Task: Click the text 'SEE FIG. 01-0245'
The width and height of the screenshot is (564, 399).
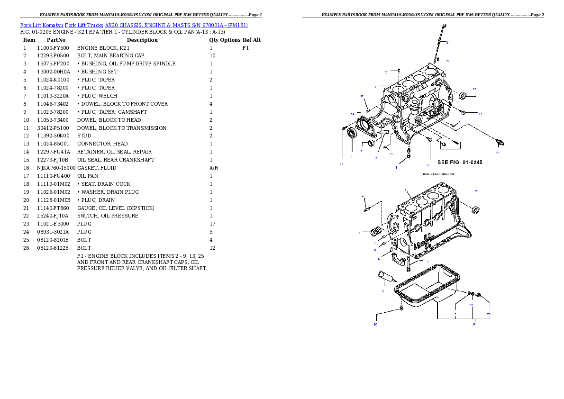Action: (x=460, y=162)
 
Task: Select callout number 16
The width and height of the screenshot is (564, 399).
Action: (x=382, y=291)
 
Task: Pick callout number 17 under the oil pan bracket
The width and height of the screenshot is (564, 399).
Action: (x=473, y=324)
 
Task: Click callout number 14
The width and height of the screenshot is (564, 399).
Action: (x=353, y=114)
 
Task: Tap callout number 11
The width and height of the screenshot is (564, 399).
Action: (x=362, y=96)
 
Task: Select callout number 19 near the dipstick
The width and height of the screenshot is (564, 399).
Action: (x=447, y=61)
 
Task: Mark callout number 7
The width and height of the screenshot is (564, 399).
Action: (x=361, y=152)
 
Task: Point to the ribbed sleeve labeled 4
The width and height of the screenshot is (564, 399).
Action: (x=377, y=232)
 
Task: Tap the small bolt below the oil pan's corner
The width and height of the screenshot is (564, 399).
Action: (x=401, y=308)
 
